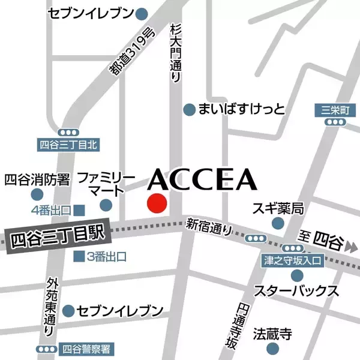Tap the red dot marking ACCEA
(x=157, y=203)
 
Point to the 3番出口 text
(x=106, y=257)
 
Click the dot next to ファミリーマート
(x=106, y=205)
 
